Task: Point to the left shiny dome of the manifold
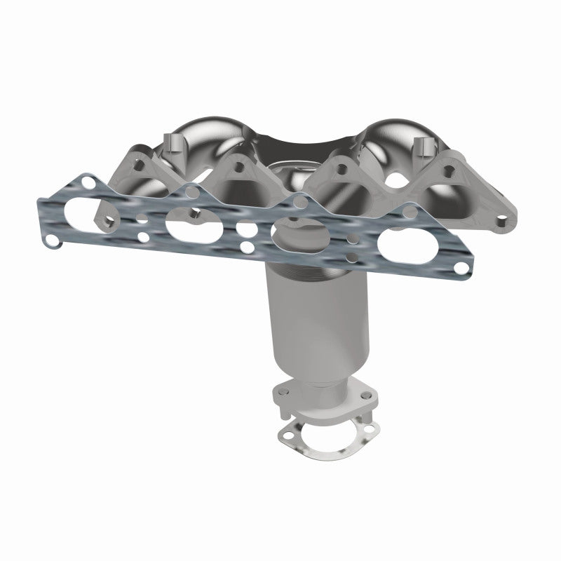[203, 140]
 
